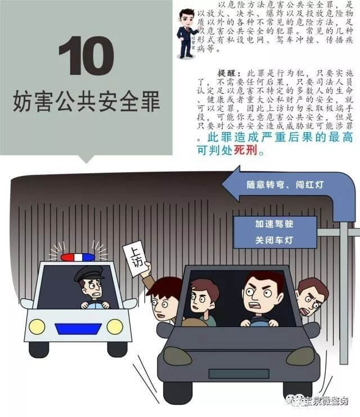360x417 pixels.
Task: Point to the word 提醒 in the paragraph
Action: point(227,74)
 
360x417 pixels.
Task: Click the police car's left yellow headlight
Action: point(37,326)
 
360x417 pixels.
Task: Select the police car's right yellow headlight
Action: point(115,326)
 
